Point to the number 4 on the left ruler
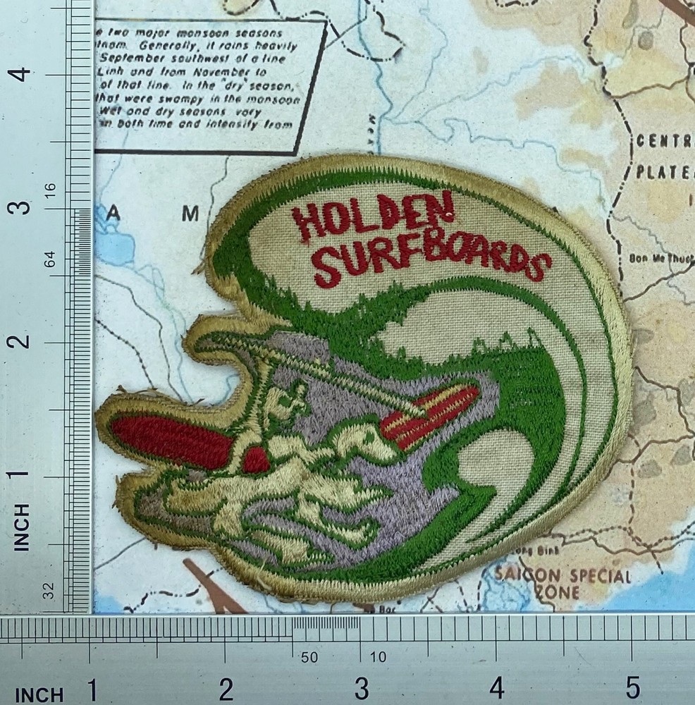pos(23,73)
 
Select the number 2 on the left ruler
pos(23,341)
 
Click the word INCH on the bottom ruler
pos(39,694)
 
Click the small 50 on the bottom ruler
pos(309,658)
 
